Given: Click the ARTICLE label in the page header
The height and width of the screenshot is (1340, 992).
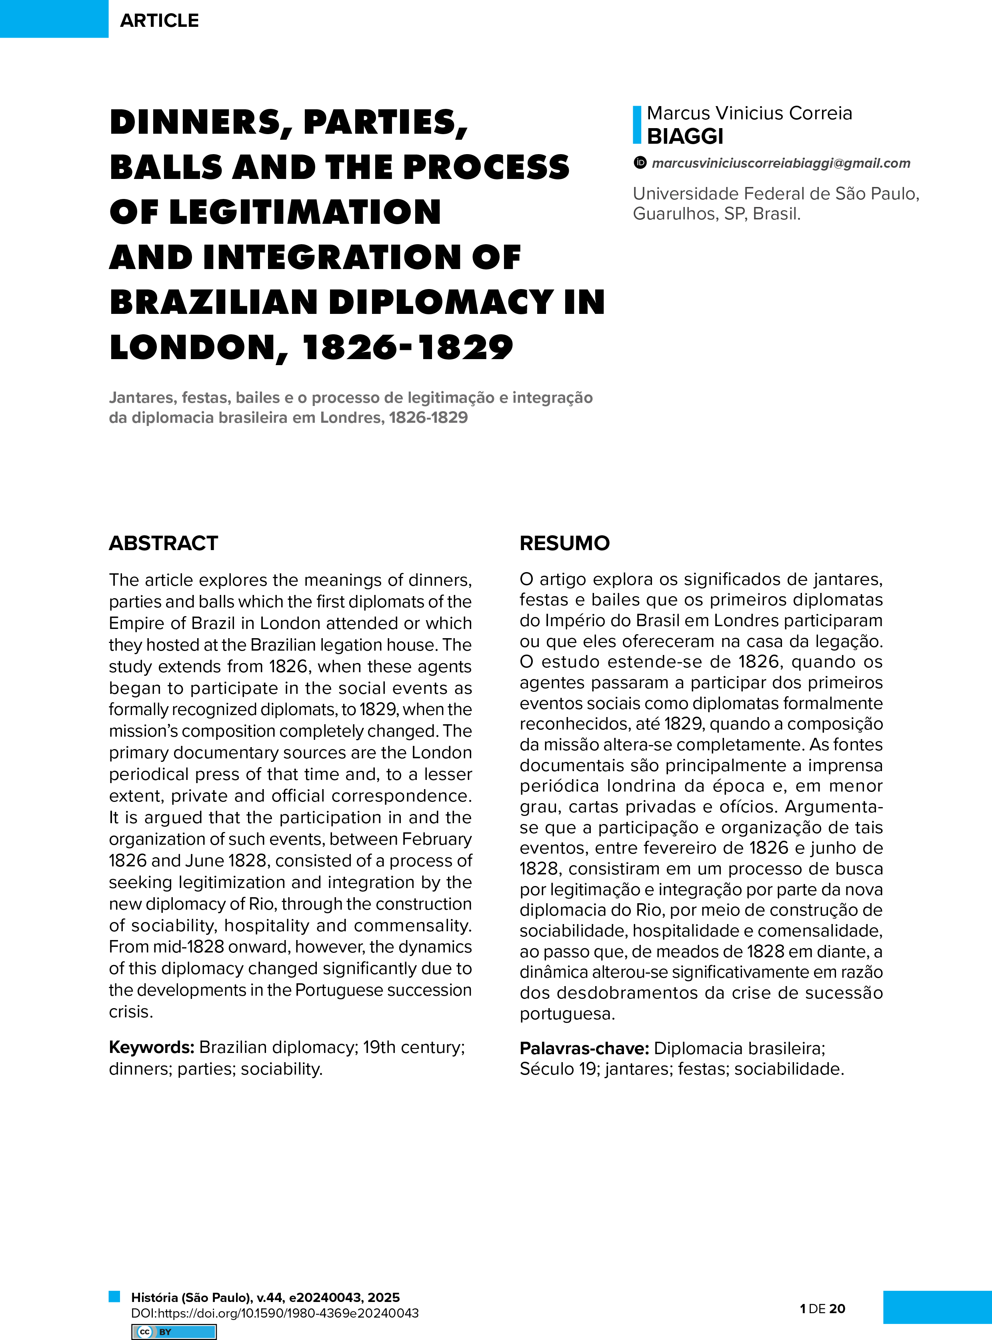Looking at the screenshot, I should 159,20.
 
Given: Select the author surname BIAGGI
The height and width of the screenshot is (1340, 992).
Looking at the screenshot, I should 685,137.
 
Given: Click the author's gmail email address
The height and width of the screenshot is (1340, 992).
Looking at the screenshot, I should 781,163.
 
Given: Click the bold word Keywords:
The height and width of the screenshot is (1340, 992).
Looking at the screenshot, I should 151,1047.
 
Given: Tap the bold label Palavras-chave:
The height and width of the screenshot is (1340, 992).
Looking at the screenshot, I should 584,1048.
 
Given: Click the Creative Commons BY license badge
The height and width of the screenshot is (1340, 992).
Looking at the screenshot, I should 174,1332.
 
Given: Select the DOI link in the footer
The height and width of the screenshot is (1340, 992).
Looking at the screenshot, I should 275,1313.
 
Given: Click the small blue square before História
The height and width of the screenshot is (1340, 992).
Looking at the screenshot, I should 114,1296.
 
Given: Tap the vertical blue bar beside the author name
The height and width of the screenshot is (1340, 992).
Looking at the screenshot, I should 637,125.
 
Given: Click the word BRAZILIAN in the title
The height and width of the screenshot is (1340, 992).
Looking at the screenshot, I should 214,302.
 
